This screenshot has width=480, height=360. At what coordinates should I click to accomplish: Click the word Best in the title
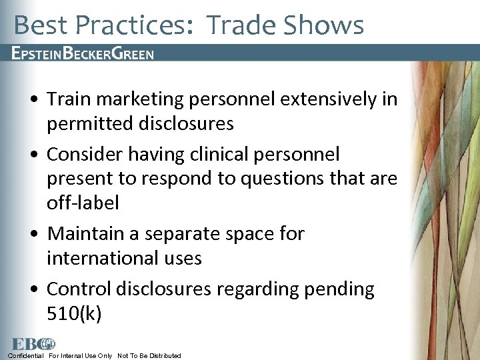(x=41, y=25)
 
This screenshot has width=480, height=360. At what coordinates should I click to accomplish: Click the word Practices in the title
(x=134, y=25)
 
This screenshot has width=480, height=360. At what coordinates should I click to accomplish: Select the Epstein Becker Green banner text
(x=83, y=53)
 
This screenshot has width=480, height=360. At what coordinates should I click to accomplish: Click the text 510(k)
(x=74, y=313)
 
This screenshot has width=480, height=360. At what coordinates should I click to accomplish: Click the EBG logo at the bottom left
(x=32, y=344)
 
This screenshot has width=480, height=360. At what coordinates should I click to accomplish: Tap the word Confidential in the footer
(x=26, y=355)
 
